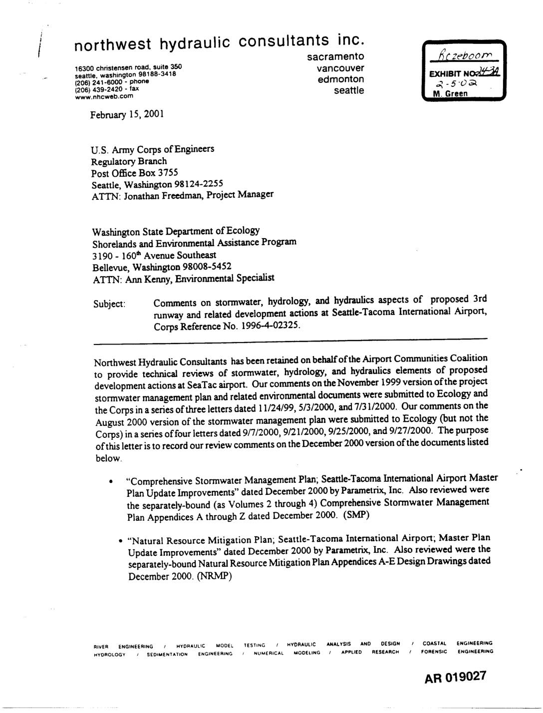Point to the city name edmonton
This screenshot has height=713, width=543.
(341, 79)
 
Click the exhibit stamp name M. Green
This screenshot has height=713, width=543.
(451, 93)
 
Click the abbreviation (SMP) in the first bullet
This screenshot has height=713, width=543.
(356, 515)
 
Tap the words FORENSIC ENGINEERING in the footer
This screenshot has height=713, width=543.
(457, 652)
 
